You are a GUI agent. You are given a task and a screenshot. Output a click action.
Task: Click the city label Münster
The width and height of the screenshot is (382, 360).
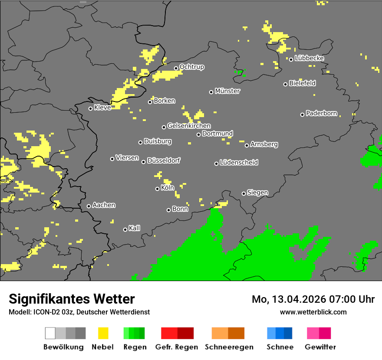(227, 91)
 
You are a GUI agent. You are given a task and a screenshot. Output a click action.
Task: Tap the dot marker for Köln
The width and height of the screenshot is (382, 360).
(157, 189)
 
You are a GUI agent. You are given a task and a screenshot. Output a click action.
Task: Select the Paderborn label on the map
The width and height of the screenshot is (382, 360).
(321, 114)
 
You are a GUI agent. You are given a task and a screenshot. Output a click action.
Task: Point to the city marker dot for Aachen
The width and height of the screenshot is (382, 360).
(89, 206)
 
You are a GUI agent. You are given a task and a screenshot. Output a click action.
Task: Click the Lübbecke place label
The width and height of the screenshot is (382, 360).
(309, 58)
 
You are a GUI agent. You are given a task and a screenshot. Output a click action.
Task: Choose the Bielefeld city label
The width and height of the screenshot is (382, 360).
(302, 83)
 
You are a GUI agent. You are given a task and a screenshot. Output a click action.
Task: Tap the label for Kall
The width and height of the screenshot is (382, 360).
(135, 228)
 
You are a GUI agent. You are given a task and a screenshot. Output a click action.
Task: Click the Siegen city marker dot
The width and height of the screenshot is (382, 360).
(244, 193)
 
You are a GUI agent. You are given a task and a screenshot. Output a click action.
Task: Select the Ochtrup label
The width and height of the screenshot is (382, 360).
(192, 67)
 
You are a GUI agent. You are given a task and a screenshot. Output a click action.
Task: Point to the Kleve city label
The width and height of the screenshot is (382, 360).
(102, 108)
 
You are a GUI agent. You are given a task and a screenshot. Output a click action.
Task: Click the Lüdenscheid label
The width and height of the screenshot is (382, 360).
(239, 163)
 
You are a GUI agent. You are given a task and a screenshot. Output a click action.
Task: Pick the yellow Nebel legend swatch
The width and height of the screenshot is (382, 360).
(103, 333)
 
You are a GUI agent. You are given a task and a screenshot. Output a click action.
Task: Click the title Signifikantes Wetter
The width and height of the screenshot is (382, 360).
(72, 299)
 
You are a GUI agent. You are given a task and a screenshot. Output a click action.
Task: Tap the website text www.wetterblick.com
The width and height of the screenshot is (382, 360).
(313, 312)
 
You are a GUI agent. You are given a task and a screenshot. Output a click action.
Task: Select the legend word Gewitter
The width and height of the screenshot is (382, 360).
(320, 347)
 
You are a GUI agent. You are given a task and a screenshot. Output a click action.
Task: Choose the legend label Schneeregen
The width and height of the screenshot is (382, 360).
(229, 347)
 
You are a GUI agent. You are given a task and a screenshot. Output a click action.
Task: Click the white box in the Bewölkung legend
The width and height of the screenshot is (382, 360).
(50, 333)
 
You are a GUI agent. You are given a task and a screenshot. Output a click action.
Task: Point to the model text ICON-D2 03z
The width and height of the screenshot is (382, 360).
(51, 312)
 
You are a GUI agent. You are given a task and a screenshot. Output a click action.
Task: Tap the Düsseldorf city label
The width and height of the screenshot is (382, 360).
(164, 160)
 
